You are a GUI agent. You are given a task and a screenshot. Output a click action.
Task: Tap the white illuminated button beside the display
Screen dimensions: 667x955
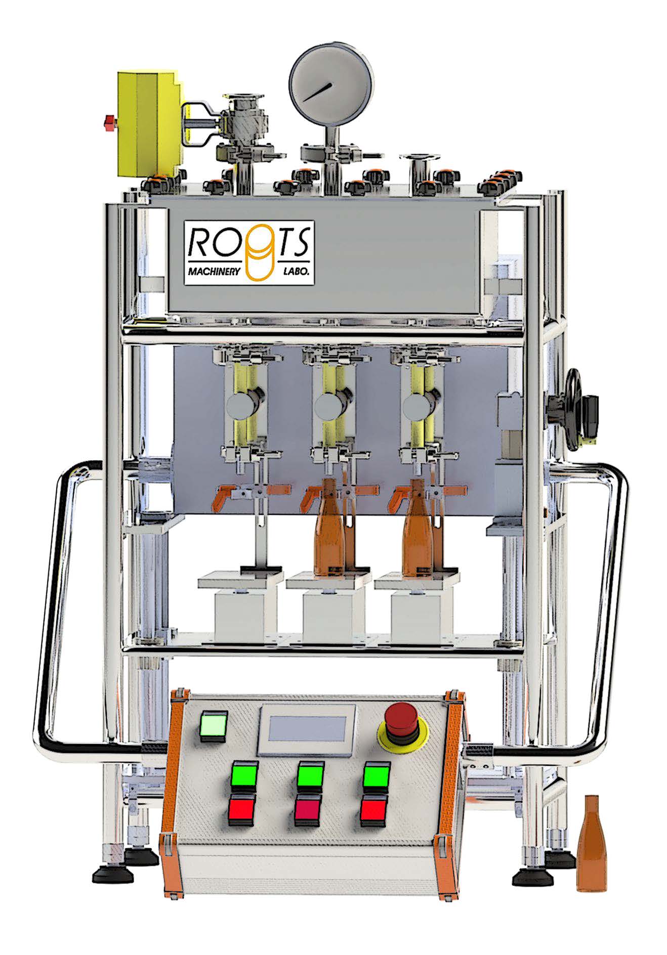click(215, 726)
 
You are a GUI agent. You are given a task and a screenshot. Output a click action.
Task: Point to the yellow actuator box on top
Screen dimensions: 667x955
click(150, 124)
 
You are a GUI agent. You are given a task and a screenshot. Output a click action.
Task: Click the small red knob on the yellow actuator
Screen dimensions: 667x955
click(109, 122)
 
